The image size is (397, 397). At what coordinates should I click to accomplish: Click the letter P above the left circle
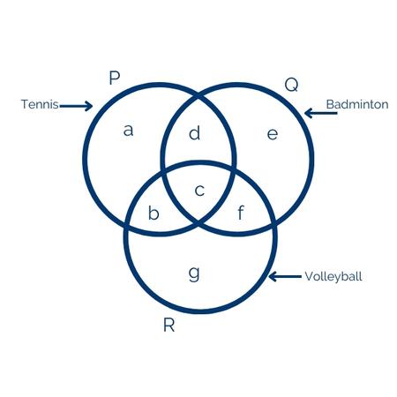tap(115, 78)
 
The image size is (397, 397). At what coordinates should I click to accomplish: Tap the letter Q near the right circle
tap(291, 85)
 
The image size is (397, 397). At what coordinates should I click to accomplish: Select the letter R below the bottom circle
tap(169, 326)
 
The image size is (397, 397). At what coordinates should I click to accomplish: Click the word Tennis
tap(40, 104)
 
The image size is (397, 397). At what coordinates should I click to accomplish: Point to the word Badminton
tap(357, 104)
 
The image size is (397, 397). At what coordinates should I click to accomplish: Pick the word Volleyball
tap(333, 276)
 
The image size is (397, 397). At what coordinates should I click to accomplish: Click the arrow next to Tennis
tap(76, 106)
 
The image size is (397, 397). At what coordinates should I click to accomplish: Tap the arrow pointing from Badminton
tap(321, 113)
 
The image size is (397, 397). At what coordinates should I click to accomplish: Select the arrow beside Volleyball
tap(285, 276)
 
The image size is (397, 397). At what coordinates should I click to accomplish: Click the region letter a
tap(128, 131)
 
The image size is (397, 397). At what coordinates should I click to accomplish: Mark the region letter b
tap(154, 213)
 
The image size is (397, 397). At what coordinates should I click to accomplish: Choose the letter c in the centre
tap(199, 191)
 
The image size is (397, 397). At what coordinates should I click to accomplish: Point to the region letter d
tap(194, 133)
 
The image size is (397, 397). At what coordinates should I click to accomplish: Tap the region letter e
tap(273, 134)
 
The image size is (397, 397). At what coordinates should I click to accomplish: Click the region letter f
tap(241, 213)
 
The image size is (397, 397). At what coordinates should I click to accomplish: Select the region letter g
tap(194, 273)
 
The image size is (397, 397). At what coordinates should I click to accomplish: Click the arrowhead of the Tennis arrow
tap(90, 106)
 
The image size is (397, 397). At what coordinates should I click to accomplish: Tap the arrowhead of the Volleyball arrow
tap(272, 276)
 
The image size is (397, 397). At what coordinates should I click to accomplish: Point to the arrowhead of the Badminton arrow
tap(307, 113)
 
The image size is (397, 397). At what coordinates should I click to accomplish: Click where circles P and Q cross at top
tap(198, 96)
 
